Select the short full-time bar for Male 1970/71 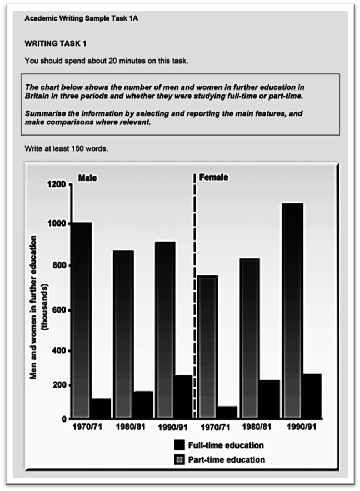(101, 409)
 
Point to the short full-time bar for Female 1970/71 (227, 413)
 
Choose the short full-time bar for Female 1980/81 (269, 399)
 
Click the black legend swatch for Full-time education (179, 445)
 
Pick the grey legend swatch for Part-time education (179, 460)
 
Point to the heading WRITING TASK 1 (56, 42)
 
